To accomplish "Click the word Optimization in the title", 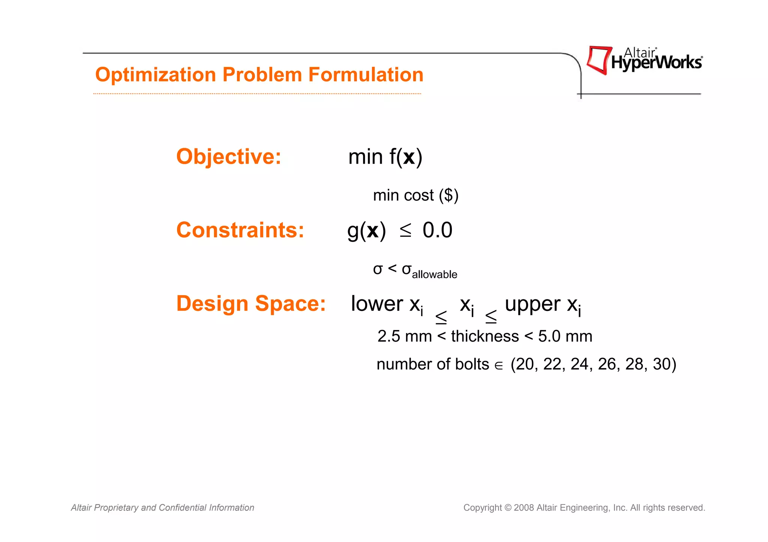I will click(156, 75).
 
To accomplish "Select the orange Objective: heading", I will click(228, 157).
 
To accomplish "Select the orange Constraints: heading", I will click(240, 230).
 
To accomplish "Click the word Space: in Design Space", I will click(290, 303).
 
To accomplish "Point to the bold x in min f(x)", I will click(409, 157).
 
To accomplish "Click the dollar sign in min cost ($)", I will click(448, 195).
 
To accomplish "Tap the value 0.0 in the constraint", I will click(437, 230).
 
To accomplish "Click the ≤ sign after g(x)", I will click(405, 230).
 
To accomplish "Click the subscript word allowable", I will click(434, 275).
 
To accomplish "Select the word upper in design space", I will click(532, 304).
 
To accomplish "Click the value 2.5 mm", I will click(404, 336).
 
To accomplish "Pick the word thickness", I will click(485, 336).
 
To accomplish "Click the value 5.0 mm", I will click(565, 336).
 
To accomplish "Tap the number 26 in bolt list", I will click(607, 364).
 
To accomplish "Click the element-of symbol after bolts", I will click(499, 366).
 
